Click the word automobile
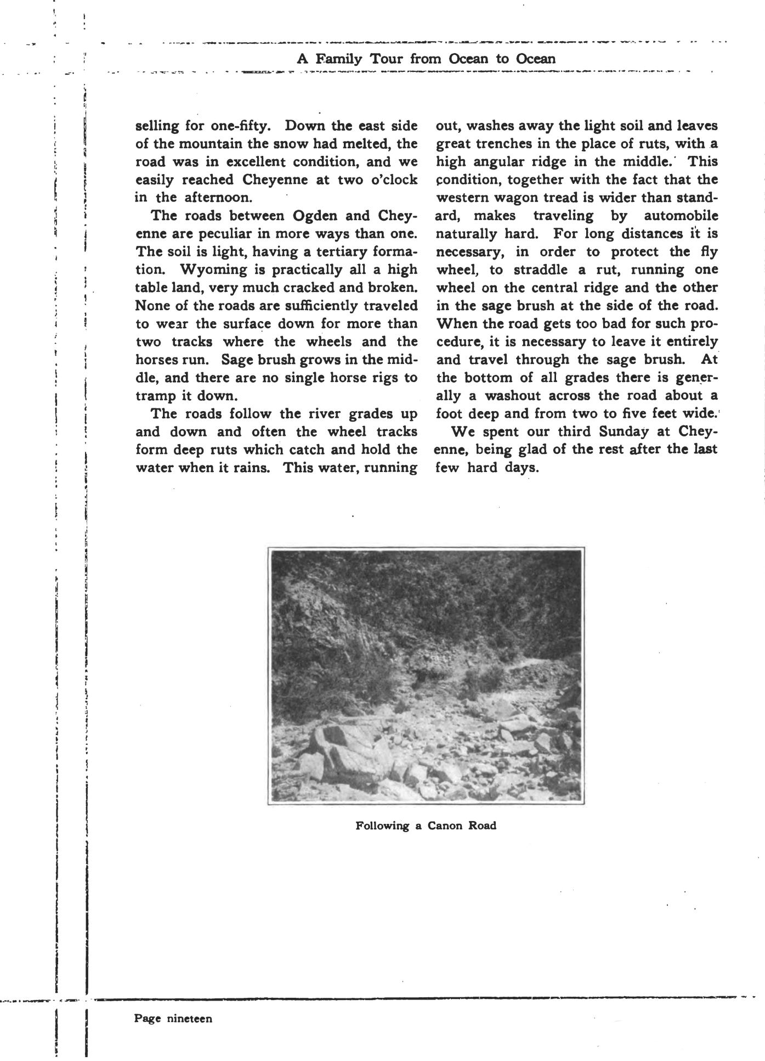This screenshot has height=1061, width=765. click(x=681, y=216)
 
